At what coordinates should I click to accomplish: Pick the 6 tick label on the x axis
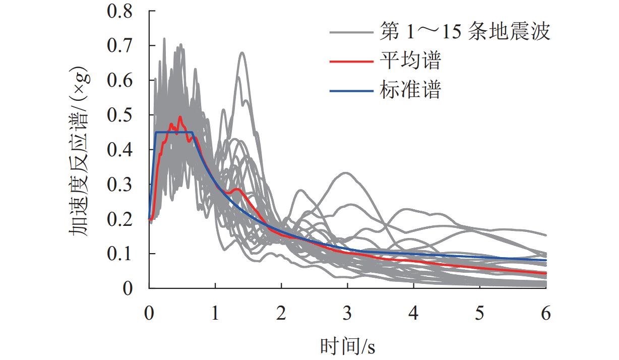546,314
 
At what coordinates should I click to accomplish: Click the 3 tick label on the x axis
347,314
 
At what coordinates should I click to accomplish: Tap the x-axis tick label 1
215,314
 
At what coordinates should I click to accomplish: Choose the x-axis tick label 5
480,314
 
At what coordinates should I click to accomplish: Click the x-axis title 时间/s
347,346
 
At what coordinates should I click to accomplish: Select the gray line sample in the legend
351,33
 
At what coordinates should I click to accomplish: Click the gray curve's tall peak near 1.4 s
242,52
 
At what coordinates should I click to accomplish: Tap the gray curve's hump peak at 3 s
346,173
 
